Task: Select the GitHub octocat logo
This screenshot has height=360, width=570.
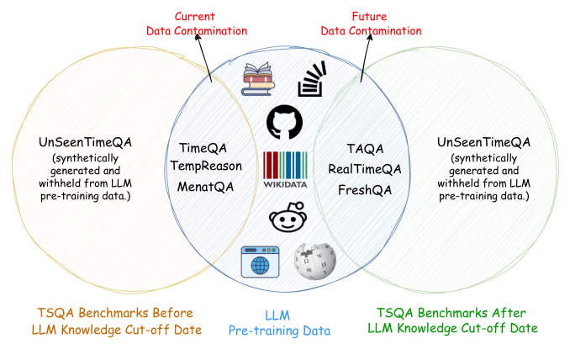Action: click(284, 122)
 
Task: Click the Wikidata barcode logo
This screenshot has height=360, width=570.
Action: click(284, 168)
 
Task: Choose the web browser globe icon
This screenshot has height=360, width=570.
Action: click(259, 262)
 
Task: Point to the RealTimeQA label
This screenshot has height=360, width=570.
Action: click(364, 169)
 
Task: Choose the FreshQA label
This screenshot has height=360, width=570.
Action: click(364, 190)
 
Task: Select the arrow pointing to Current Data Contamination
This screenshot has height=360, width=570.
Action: click(204, 60)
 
